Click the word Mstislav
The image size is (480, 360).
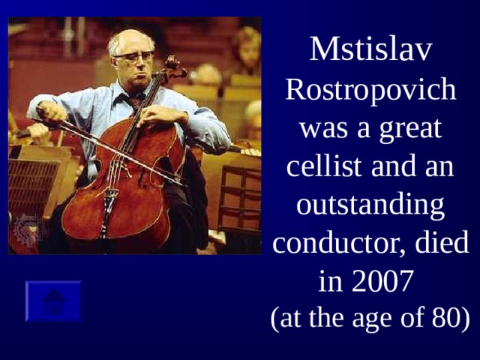click(x=371, y=49)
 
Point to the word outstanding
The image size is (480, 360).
click(x=370, y=205)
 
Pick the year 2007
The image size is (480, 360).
click(x=382, y=281)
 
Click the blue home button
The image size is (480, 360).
click(x=53, y=301)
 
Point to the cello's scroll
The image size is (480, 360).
click(x=174, y=67)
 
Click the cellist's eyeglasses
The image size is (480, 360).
click(x=133, y=56)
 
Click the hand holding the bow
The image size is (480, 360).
click(x=51, y=112)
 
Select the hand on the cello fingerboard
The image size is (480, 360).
click(x=160, y=116)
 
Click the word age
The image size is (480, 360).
click(x=372, y=319)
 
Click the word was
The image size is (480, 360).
click(x=324, y=130)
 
